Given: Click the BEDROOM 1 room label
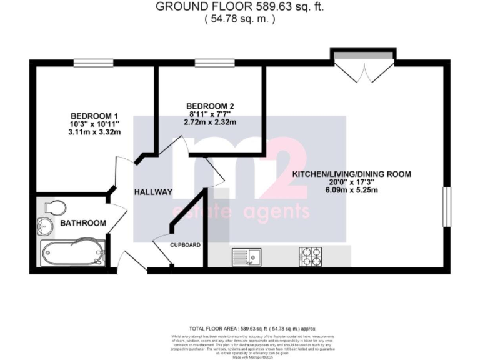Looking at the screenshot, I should (94, 116).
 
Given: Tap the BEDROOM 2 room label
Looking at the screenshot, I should (210, 105).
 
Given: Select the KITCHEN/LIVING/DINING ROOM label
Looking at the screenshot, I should (352, 174).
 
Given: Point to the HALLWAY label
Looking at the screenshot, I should (152, 192).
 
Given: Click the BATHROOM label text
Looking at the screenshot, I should (82, 223).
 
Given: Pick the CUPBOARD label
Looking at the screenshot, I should (186, 244).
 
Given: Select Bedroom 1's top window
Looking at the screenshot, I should (94, 62).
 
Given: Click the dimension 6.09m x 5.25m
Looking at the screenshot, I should (352, 191).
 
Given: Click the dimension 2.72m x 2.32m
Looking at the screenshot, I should (210, 122).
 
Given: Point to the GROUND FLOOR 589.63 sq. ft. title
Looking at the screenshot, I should (240, 7).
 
